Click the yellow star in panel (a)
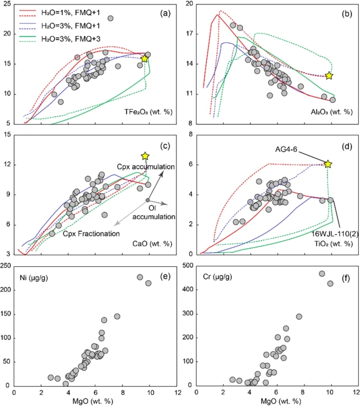click(145, 59)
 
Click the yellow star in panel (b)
click(329, 75)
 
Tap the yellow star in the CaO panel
click(145, 155)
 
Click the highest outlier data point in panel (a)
click(110, 19)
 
